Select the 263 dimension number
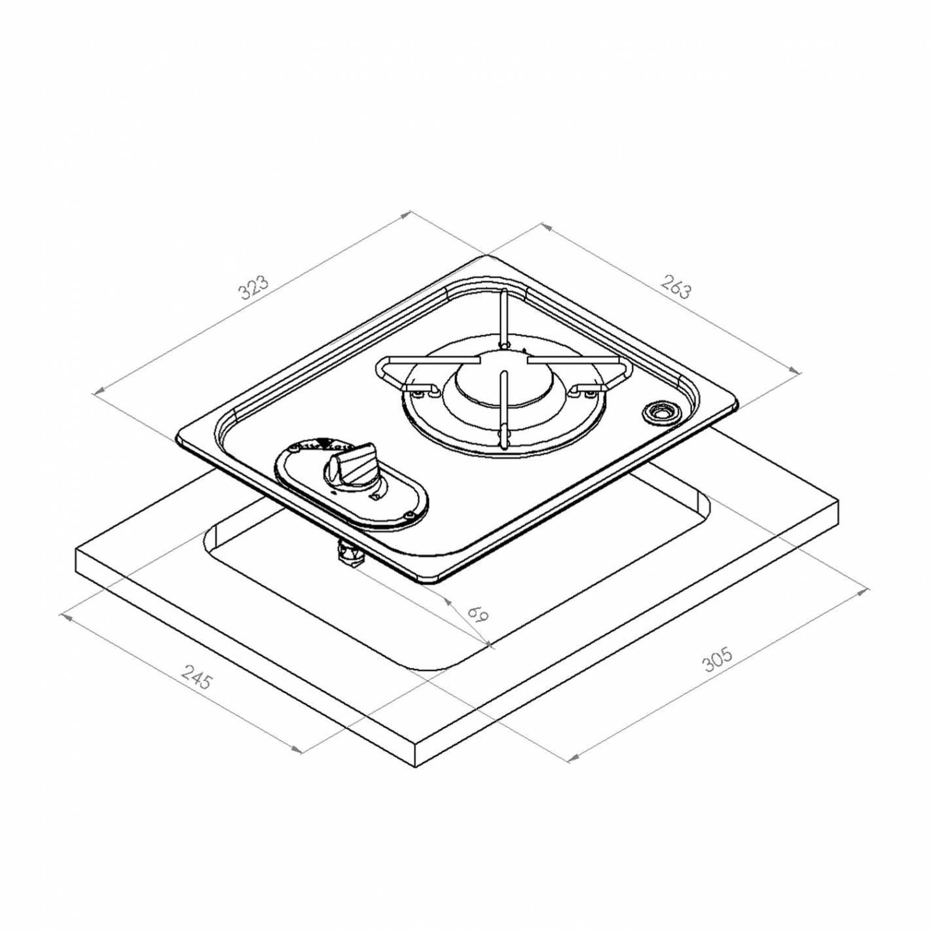pos(676,287)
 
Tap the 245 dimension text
pos(196,676)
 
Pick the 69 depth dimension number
pos(479,613)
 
